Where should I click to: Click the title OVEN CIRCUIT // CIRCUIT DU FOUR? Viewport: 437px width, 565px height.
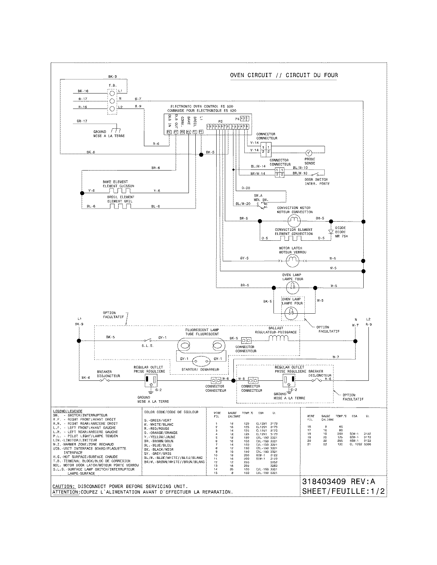point(284,75)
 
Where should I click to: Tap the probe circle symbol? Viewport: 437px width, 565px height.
point(308,153)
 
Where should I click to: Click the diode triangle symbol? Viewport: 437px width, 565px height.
point(331,232)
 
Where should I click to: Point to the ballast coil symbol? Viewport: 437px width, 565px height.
point(278,338)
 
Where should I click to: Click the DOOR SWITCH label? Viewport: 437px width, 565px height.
point(316,179)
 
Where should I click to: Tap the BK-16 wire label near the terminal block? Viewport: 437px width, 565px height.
point(83,91)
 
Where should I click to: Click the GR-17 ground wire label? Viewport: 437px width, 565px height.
point(82,121)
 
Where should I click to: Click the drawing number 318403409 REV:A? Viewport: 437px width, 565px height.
point(339,481)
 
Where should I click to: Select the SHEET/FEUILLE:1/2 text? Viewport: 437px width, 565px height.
point(343,491)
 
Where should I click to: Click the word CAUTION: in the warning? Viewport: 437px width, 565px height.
point(63,487)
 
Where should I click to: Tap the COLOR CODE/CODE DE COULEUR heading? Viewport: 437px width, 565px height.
point(171,412)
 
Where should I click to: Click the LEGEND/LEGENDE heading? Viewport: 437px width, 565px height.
point(68,411)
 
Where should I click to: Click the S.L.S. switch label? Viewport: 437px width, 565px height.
point(147,346)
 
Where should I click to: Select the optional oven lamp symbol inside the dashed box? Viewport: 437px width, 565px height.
point(292,311)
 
